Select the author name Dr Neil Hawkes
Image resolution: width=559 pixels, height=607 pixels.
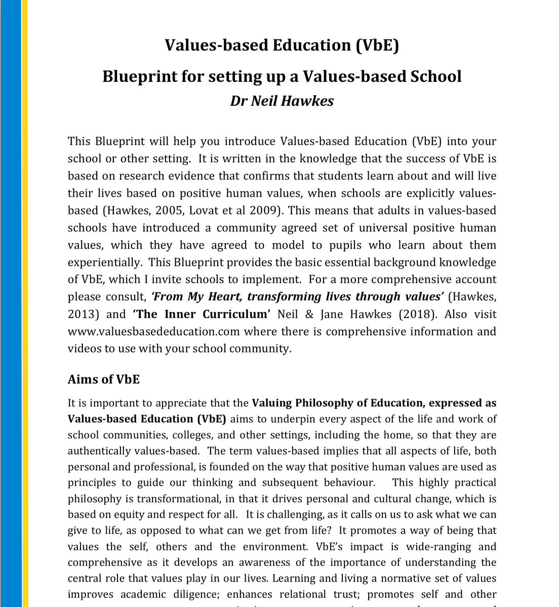[282, 101]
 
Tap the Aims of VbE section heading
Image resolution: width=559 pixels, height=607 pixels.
[103, 379]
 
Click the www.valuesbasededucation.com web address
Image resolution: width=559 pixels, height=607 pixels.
[154, 331]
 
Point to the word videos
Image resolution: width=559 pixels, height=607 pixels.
[83, 349]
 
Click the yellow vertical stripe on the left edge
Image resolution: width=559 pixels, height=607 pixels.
[25, 303]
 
